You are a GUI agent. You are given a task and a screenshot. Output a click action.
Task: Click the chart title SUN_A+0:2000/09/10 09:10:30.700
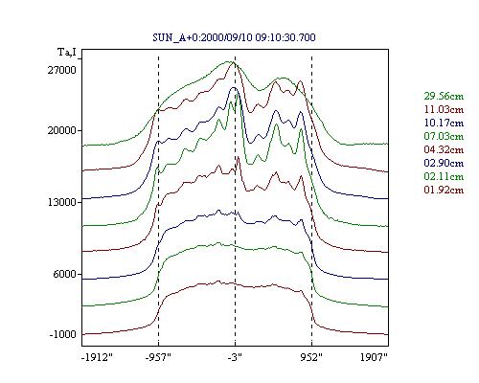234,37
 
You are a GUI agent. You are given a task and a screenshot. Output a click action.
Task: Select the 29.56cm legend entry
444,96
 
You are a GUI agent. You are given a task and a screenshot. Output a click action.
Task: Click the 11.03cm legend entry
444,109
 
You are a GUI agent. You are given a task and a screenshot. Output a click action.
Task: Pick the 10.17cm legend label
444,123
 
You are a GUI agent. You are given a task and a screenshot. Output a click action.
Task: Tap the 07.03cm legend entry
444,136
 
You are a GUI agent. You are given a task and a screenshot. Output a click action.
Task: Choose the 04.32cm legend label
444,149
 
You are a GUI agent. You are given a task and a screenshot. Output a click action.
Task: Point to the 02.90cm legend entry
444,163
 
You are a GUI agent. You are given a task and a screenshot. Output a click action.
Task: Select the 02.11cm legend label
444,176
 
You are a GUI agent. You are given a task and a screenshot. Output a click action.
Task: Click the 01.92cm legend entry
444,190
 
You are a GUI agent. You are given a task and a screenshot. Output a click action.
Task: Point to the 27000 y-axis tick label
62,70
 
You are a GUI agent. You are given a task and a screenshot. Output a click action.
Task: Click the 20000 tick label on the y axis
62,130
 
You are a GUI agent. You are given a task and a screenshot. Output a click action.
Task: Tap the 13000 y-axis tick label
62,202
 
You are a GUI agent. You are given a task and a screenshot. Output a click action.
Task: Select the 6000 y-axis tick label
65,274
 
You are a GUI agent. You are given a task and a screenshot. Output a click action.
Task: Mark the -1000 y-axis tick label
63,334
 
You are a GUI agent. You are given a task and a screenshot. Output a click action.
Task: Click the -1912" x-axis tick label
98,357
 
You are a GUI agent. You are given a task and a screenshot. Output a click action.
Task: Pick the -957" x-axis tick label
158,357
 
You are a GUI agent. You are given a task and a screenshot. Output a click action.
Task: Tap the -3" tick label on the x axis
235,357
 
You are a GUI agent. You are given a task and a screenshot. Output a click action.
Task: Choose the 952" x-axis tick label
311,357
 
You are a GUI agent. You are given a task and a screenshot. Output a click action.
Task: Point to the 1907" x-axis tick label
374,357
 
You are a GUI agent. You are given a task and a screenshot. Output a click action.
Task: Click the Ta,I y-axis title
67,52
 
